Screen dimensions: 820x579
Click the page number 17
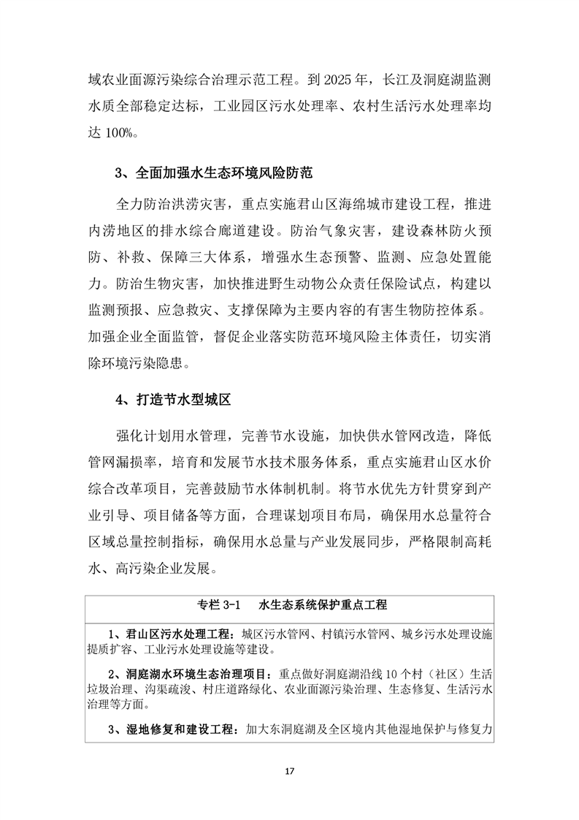tap(290, 771)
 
